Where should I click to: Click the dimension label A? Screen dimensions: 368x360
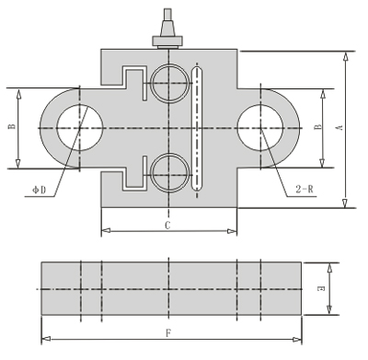339,128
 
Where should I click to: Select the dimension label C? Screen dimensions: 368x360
167,226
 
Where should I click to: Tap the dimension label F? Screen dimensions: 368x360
168,333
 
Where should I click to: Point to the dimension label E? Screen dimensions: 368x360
321,289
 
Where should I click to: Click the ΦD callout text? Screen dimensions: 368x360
40,191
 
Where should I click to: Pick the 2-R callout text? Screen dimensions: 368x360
305,189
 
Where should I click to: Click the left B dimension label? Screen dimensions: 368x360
12,126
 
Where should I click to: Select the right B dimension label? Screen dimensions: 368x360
318,127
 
